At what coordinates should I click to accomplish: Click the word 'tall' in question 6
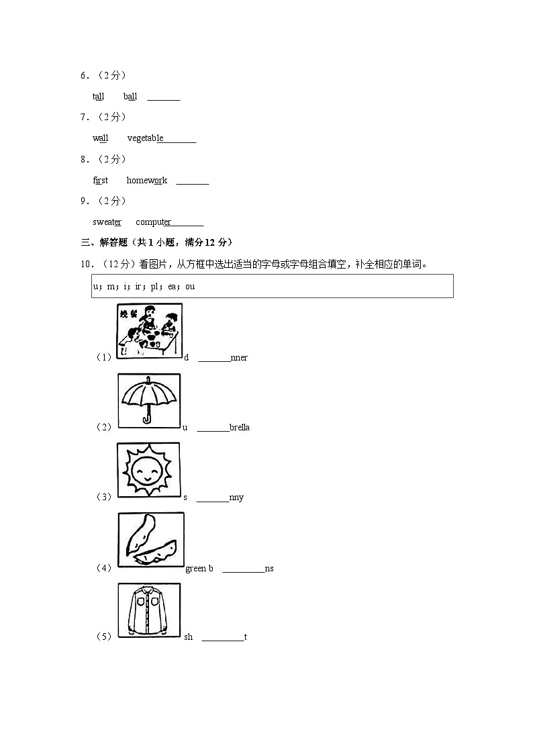[98, 97]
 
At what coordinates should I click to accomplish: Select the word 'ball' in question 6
[130, 97]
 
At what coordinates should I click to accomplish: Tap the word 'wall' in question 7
[100, 138]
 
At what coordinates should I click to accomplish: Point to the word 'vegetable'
[145, 138]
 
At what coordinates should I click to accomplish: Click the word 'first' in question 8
[100, 181]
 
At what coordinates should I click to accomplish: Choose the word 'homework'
[146, 181]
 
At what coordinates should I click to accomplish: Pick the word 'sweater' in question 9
[107, 222]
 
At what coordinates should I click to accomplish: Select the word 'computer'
[153, 222]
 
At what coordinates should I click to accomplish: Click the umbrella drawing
[149, 400]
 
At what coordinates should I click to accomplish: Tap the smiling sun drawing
[148, 470]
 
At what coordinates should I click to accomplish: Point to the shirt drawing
[149, 610]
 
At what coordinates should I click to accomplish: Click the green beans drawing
[150, 540]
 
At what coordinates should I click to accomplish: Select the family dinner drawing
[149, 330]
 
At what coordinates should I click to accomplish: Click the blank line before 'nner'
[213, 359]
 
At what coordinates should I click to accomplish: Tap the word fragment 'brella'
[240, 428]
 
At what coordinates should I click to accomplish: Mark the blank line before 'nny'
[212, 498]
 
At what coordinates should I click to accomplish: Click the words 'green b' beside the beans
[199, 569]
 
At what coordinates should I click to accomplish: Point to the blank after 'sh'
[222, 638]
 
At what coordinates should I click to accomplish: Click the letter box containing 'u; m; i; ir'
[273, 286]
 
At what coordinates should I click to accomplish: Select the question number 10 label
[86, 265]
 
